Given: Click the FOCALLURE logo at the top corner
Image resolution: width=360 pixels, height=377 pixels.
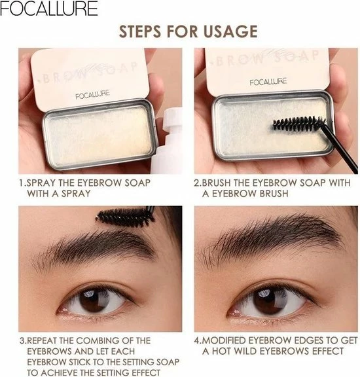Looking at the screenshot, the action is click(49, 9).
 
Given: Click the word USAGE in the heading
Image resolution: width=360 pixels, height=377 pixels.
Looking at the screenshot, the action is click(230, 31).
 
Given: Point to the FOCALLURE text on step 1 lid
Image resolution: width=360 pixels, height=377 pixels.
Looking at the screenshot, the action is click(92, 94).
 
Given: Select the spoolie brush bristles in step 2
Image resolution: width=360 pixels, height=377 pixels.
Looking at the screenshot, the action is click(299, 122).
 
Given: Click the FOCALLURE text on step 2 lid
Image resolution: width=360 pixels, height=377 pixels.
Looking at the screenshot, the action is click(268, 82).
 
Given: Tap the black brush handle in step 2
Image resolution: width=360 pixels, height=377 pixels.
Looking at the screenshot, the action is click(340, 149).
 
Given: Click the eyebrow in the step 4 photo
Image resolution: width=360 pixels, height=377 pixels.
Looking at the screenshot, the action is click(269, 238).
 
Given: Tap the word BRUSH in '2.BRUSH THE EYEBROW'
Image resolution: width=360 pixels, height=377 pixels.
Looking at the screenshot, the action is click(216, 183).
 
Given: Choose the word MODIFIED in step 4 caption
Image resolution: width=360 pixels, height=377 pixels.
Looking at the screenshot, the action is click(223, 341).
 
